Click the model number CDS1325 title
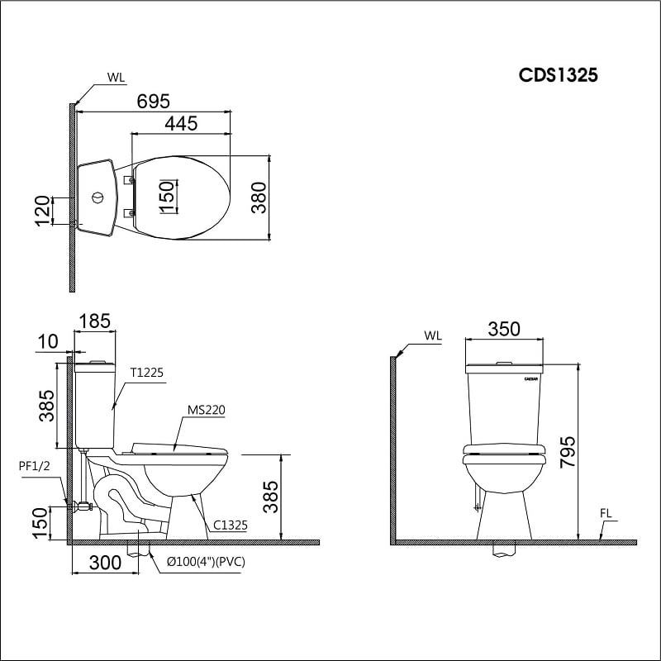[558, 75]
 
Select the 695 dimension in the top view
[153, 101]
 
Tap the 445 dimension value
[180, 123]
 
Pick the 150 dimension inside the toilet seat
[167, 197]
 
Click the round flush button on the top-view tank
[97, 198]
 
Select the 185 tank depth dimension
[95, 321]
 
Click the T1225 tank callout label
[146, 373]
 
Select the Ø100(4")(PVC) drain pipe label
[205, 562]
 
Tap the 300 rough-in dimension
[104, 563]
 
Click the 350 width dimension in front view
[503, 329]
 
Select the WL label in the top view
[116, 78]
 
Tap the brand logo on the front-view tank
[531, 378]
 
